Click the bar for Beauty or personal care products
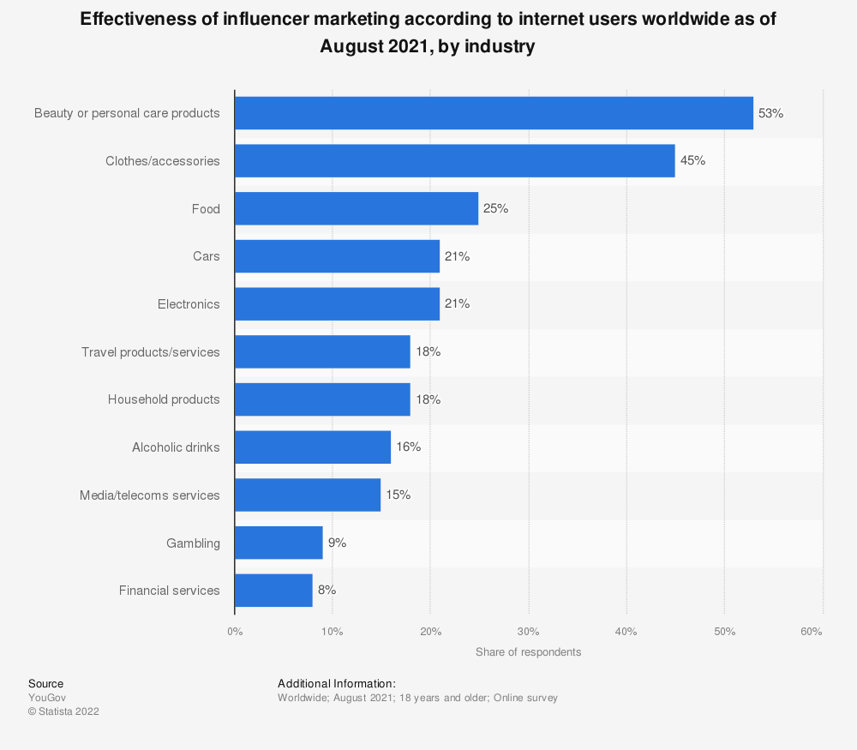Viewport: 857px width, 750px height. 494,113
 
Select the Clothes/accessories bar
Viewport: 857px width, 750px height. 454,161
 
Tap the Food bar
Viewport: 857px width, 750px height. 357,209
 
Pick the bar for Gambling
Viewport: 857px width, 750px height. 279,543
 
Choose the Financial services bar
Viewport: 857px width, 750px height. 273,591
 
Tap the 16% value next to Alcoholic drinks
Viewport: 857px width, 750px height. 408,447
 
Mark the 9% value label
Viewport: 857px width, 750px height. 337,543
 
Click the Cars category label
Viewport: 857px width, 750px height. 207,256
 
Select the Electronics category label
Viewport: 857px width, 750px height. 189,304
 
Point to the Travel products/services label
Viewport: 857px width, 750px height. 151,352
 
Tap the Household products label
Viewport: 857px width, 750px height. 164,399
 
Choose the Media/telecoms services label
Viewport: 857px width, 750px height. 150,495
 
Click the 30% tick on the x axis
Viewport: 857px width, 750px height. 529,632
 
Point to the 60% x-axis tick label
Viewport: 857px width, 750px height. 811,632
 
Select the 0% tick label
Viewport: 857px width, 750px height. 235,632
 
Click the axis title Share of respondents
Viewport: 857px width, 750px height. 528,652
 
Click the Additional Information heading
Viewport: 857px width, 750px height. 336,684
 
